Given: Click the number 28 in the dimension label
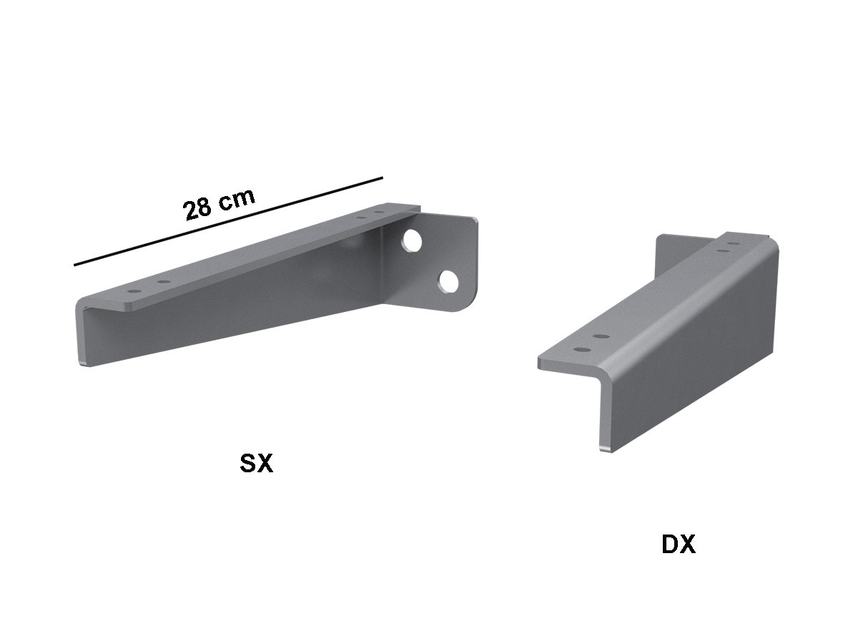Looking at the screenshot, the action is tap(197, 209).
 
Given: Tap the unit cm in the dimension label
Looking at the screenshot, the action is tap(236, 199).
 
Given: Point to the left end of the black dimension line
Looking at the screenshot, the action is tap(74, 265).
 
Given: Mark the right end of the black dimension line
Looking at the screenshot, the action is tap(383, 178).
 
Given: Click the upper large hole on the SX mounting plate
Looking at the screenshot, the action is tap(413, 240).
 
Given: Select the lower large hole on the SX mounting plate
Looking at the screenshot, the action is tap(448, 281).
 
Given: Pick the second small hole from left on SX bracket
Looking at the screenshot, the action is tap(164, 281).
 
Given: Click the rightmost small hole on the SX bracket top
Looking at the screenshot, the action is tap(378, 213).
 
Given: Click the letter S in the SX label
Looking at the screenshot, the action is tap(248, 464).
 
